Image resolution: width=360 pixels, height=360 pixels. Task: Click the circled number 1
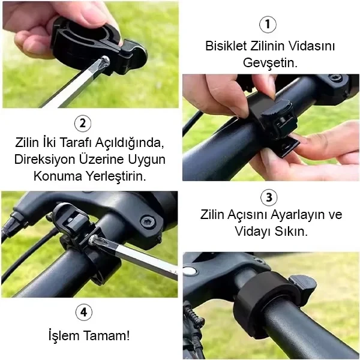pos(268,25)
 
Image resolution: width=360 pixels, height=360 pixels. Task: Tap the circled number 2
pos(83,124)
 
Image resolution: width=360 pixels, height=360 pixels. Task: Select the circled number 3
pos(269,197)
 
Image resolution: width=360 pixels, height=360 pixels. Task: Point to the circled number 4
pos(84,312)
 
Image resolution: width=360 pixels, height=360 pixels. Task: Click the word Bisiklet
pos(226,46)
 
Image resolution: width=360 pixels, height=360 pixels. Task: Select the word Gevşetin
pos(270,62)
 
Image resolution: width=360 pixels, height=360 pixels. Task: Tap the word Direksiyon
pos(45,159)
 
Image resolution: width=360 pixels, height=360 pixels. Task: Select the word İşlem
pos(64,335)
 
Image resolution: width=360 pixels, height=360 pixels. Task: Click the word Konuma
pos(58,176)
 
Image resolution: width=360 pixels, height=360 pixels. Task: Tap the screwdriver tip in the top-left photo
pos(104,61)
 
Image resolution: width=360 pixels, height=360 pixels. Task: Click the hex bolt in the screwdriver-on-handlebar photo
pos(148,222)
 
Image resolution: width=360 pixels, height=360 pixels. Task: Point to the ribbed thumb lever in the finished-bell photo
pos(303,284)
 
